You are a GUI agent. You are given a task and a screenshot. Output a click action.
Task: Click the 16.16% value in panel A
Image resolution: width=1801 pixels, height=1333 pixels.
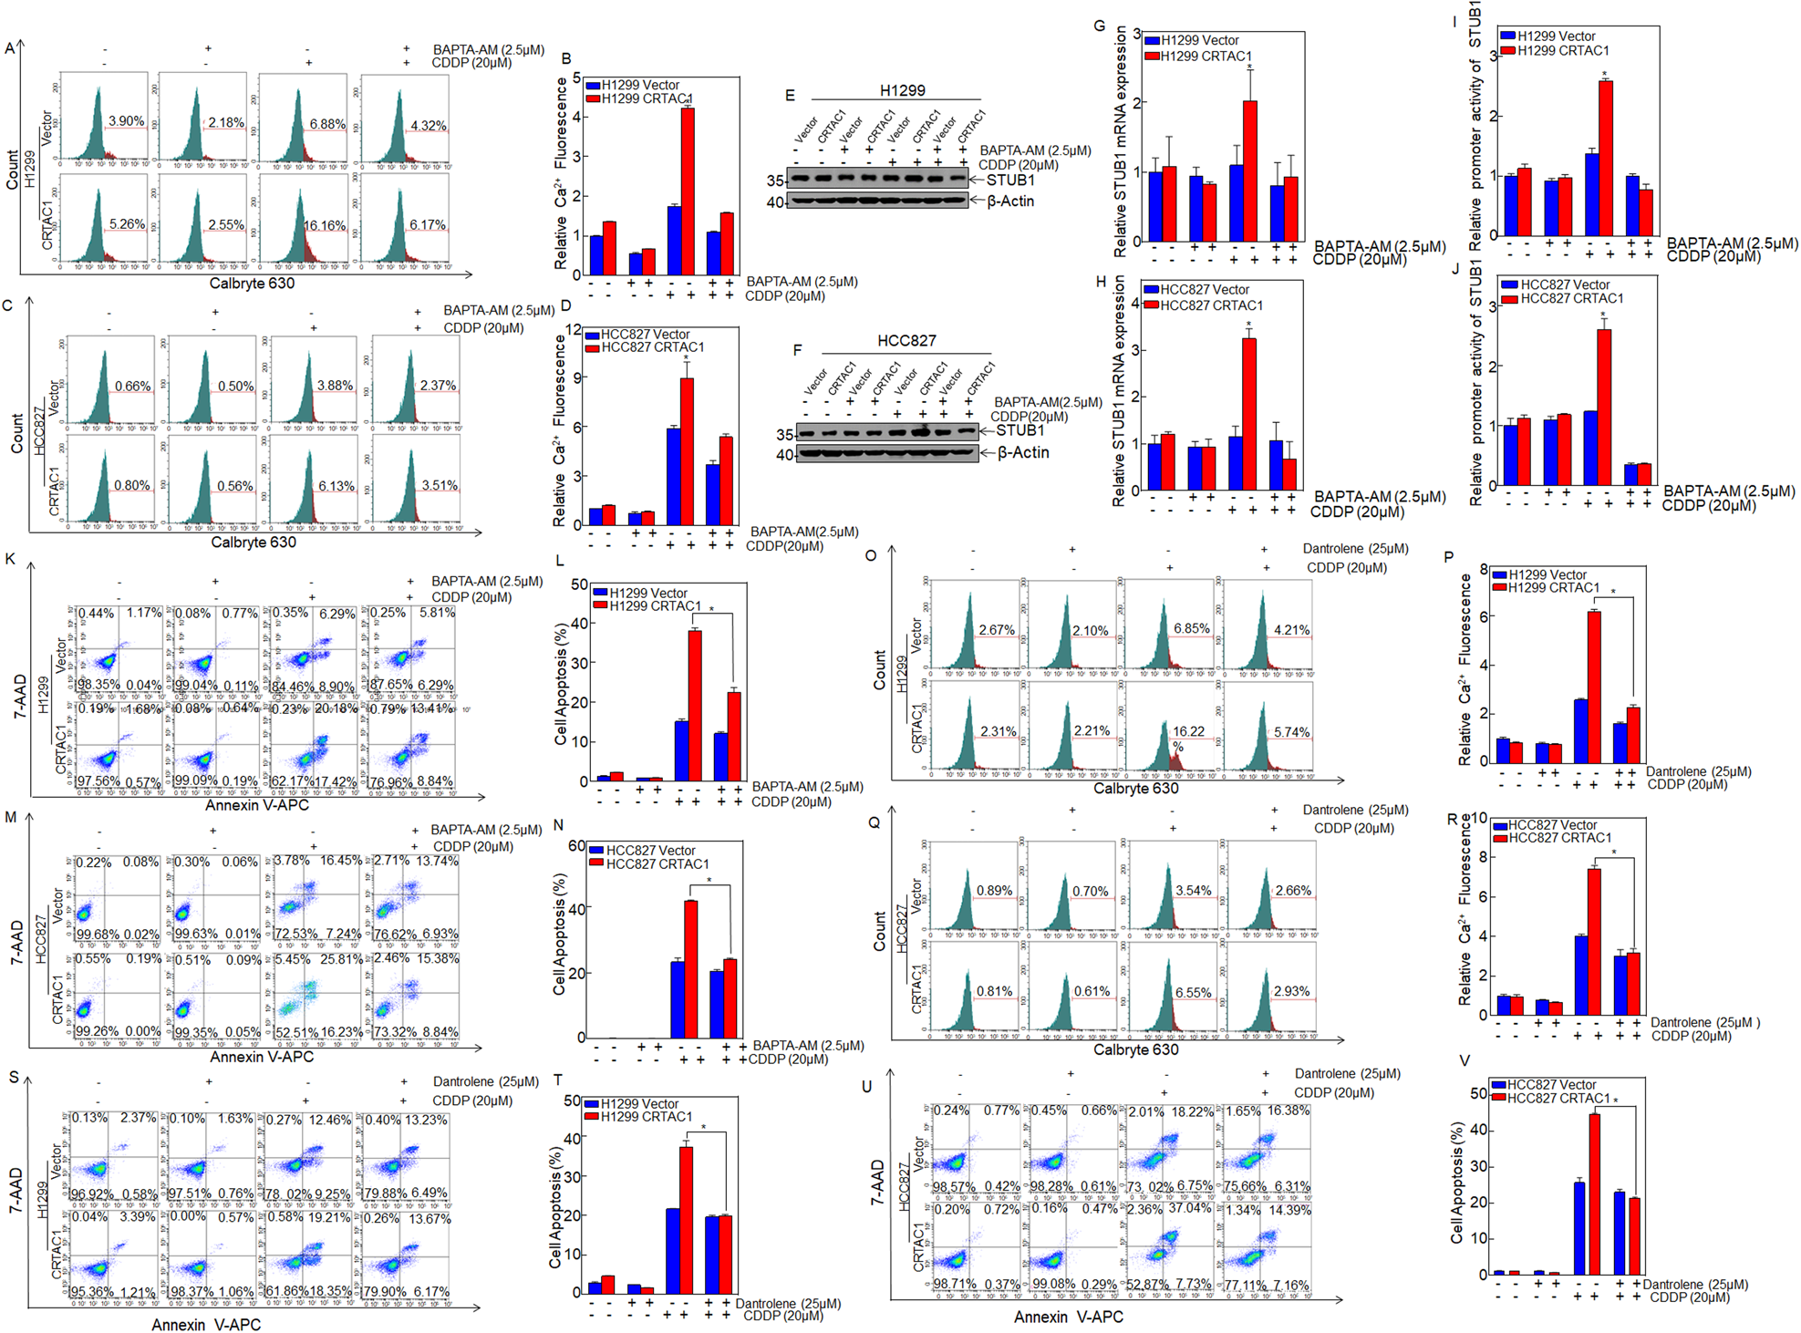coord(324,225)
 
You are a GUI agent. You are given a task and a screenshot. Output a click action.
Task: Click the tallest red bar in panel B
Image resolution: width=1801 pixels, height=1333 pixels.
coord(688,191)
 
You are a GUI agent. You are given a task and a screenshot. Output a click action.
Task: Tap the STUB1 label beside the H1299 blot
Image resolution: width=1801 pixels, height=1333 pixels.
coord(1010,180)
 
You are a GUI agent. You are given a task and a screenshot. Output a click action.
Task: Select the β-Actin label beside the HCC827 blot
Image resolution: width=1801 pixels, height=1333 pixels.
coord(1022,452)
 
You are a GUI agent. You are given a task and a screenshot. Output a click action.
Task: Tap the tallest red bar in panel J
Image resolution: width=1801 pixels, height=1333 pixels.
coord(1604,407)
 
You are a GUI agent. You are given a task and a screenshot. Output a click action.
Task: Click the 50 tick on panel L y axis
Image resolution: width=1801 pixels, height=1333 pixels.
coord(579,584)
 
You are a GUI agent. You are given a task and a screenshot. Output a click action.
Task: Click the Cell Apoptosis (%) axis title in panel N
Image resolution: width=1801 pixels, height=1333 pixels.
coord(559,935)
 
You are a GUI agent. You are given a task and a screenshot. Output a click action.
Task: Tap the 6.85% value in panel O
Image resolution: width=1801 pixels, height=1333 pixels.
coord(1191,629)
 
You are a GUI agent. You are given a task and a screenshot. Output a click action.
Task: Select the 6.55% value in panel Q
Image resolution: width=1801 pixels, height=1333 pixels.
coord(1193,992)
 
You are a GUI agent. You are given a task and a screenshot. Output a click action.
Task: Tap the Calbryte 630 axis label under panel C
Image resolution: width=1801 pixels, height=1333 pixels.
coord(253,542)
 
